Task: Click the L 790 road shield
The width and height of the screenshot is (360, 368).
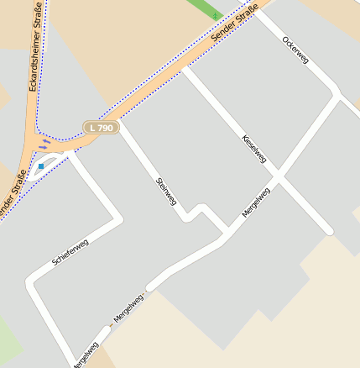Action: click(101, 128)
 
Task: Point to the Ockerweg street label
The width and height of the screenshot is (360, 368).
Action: click(295, 50)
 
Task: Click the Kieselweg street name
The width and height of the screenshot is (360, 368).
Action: click(253, 148)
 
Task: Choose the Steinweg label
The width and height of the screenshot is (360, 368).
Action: click(166, 192)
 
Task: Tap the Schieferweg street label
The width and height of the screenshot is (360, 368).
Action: click(70, 252)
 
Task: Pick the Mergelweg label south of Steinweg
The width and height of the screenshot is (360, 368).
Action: click(128, 310)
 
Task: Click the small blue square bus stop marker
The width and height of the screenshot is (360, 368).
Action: click(39, 166)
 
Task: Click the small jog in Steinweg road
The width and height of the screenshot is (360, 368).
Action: click(194, 213)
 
